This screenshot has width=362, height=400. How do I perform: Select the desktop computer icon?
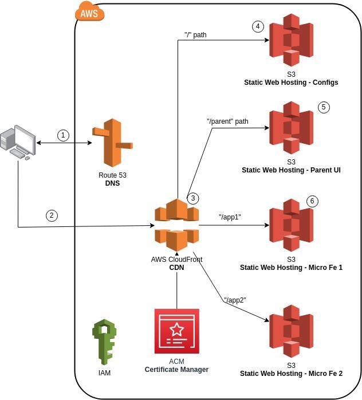pos(17,143)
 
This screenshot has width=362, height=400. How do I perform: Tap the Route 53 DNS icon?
pos(112,143)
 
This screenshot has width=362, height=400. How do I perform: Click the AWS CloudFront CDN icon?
pos(176,225)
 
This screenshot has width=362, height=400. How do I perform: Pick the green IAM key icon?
pos(104,342)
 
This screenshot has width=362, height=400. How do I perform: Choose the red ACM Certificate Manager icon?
pos(176,331)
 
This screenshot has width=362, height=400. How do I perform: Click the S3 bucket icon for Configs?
pos(291,40)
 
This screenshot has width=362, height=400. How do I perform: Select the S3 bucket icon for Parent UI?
pos(291,127)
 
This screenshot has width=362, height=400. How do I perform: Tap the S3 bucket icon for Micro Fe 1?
pos(291,225)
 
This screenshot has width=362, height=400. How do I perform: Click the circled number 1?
pos(64,135)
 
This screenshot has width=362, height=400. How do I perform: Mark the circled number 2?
pos(52,215)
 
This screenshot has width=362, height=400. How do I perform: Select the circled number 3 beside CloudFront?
pos(194,198)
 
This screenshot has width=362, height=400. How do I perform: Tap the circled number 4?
pos(258,26)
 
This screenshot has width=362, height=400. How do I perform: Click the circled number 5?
pos(324,107)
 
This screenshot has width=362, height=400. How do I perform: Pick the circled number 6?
pos(312,201)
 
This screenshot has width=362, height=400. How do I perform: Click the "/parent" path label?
pos(227,121)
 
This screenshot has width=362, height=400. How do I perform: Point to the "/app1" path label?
pos(230,217)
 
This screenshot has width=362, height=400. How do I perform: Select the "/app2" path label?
pos(235,300)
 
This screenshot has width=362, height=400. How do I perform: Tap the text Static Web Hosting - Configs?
pos(291,83)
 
